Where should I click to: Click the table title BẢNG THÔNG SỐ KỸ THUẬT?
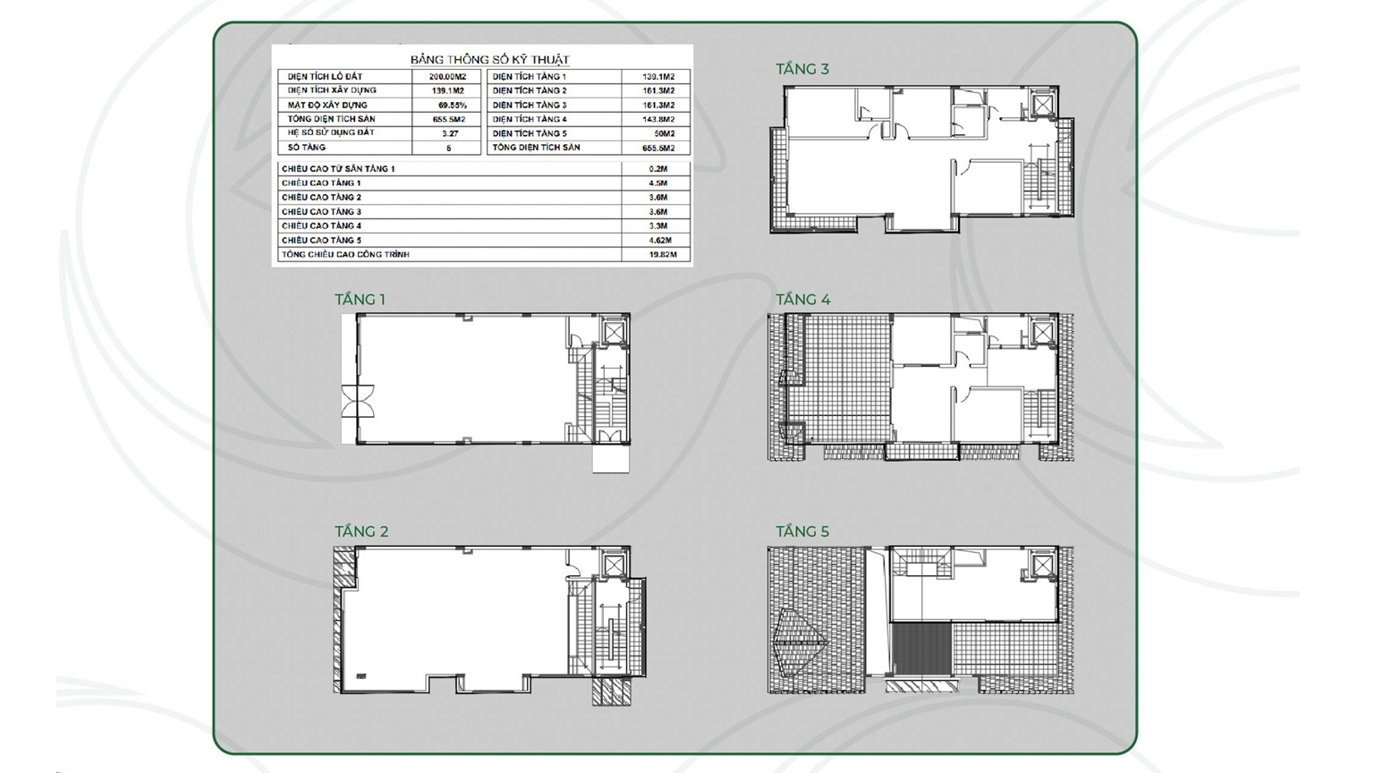pos(489,59)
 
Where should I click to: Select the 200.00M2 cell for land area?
pos(447,77)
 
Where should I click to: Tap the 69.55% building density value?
pos(452,105)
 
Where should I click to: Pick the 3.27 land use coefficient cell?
pos(450,133)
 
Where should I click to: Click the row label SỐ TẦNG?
pos(307,148)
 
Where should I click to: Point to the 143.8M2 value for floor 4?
pos(658,119)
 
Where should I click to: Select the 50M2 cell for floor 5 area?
pos(664,133)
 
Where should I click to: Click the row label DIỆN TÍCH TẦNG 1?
pos(529,77)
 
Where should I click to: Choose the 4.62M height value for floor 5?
pos(658,241)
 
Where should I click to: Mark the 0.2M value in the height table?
pos(658,169)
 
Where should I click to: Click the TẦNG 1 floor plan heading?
pos(360,300)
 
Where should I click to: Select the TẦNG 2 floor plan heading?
pos(361,531)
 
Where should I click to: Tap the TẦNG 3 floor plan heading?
pos(801,69)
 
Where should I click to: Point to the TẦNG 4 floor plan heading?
pos(802,300)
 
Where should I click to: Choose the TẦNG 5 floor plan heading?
pos(801,531)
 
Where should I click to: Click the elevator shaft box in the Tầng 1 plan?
pos(614,332)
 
